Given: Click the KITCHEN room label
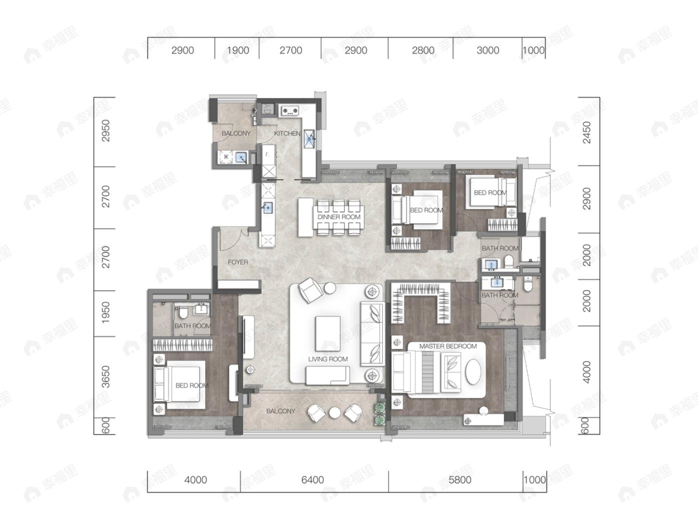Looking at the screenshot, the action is click(x=287, y=134).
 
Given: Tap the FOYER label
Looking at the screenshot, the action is click(x=238, y=262).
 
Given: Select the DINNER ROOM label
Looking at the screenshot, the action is click(x=339, y=217).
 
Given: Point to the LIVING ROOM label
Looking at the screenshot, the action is click(x=328, y=359).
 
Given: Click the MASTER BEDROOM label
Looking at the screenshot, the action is click(x=448, y=346).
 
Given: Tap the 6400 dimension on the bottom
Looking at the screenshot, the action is click(x=313, y=480).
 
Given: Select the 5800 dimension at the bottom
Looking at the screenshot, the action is click(x=460, y=480).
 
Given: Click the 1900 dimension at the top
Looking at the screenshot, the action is click(x=238, y=50).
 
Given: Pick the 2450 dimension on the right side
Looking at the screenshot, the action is click(x=587, y=133).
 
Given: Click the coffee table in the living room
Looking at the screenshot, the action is click(x=328, y=333).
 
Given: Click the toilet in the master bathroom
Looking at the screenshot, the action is click(x=528, y=284).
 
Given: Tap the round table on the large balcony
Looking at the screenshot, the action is click(x=335, y=413).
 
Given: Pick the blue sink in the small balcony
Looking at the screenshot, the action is click(x=241, y=157).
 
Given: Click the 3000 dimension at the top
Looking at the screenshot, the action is click(x=488, y=50).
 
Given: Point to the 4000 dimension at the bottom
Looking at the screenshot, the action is click(x=196, y=480).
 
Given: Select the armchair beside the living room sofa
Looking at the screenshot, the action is click(x=310, y=290).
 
